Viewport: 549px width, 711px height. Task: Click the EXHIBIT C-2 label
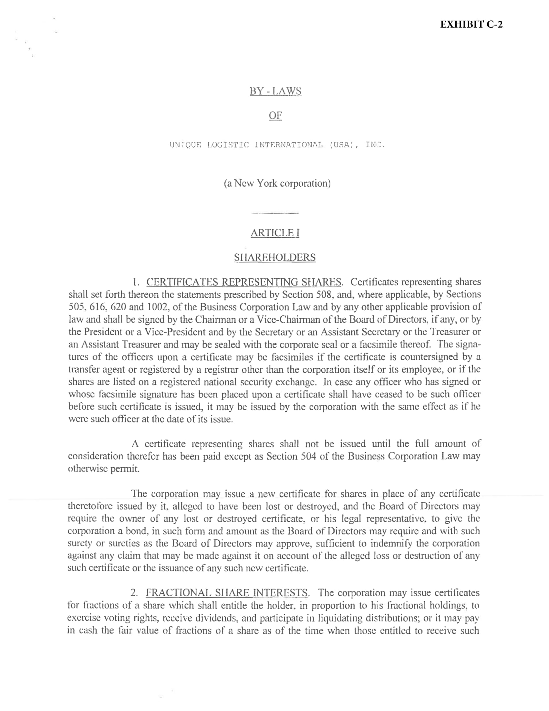pyautogui.click(x=471, y=25)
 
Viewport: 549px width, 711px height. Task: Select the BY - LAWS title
pyautogui.click(x=275, y=91)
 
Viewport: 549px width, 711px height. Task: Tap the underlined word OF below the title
pyautogui.click(x=275, y=116)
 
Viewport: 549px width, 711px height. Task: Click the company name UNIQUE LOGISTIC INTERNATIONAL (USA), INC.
pyautogui.click(x=277, y=145)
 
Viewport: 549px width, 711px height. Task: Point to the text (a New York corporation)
pyautogui.click(x=277, y=184)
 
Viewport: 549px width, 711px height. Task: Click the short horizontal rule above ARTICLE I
pyautogui.click(x=275, y=213)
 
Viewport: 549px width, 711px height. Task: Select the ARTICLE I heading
pyautogui.click(x=275, y=233)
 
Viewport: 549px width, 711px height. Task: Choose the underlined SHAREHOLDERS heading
pyautogui.click(x=275, y=258)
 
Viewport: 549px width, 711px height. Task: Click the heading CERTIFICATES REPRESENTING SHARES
pyautogui.click(x=243, y=282)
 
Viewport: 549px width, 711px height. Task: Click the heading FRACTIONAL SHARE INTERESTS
pyautogui.click(x=227, y=592)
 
